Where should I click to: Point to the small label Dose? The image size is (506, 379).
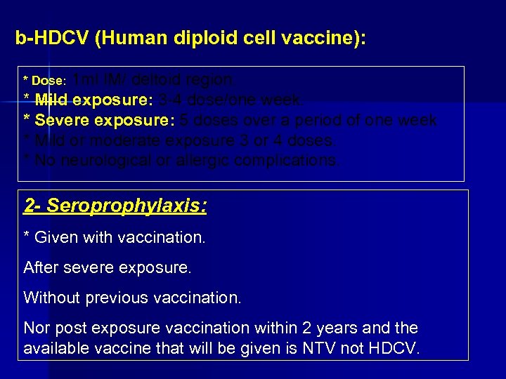tap(48, 81)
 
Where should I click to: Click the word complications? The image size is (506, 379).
tap(287, 160)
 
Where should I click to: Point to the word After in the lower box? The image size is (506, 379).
tap(41, 267)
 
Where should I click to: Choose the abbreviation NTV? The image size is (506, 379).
tap(330, 348)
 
